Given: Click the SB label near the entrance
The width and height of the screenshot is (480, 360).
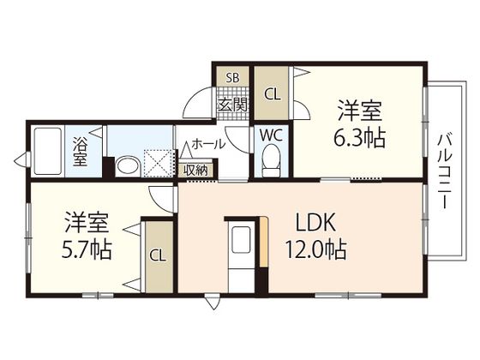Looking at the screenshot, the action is click(x=232, y=78).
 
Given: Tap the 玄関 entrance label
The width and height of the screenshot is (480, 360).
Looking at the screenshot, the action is click(x=232, y=105).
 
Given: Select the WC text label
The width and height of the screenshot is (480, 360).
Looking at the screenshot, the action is click(x=271, y=135).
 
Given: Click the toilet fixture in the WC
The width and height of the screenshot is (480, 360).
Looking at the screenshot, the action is click(x=271, y=160).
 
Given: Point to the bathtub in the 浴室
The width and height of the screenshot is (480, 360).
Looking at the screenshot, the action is click(x=47, y=152).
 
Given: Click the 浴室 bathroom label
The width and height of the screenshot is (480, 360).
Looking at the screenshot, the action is click(x=81, y=152).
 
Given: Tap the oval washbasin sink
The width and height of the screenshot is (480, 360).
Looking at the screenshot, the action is click(x=128, y=166).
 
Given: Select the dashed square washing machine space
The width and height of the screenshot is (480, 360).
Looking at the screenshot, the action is click(x=159, y=163).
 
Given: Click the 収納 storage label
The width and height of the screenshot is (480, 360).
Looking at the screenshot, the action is click(x=195, y=171).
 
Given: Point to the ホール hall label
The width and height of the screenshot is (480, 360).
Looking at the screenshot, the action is click(x=208, y=144).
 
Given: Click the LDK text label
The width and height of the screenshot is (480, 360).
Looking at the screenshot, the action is click(x=316, y=223).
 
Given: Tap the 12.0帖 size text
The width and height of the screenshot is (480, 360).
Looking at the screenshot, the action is click(x=316, y=249).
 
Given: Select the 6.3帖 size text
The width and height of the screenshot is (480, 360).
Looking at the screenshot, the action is click(x=359, y=137).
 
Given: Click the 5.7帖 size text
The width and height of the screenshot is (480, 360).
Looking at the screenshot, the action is click(x=87, y=249).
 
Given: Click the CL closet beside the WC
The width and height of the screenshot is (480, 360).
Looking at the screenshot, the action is click(x=273, y=93).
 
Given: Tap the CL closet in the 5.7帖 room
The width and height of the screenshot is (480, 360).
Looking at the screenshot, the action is click(x=158, y=256).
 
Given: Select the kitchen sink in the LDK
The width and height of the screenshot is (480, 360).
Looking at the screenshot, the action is click(x=241, y=240).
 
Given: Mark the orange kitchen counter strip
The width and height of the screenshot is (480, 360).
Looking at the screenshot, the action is click(x=264, y=242).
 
